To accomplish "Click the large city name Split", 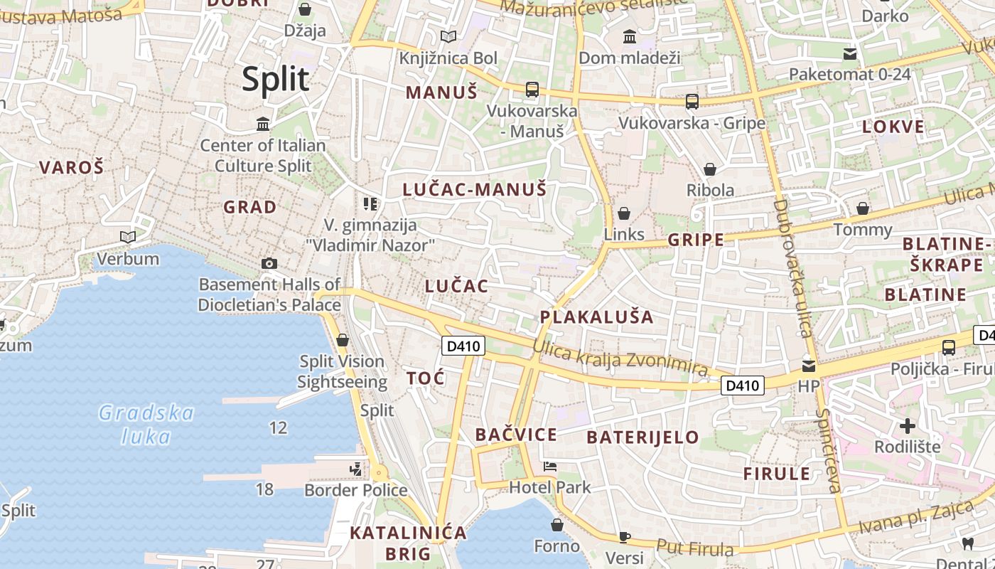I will click(276, 79).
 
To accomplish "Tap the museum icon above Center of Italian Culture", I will click(263, 124).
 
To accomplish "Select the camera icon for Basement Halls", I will click(269, 263).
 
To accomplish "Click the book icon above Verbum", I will click(128, 237).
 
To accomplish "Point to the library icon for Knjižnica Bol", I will click(448, 36).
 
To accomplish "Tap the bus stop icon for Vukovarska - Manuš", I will click(532, 90).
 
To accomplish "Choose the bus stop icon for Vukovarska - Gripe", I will click(692, 102).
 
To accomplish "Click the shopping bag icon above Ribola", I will click(709, 169).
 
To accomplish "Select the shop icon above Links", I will click(624, 213).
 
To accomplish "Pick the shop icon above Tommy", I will click(862, 208).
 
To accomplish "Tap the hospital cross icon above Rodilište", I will click(907, 426).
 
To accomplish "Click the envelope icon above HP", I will click(809, 366).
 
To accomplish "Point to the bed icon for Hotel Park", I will click(550, 467).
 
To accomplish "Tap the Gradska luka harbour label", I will click(146, 424).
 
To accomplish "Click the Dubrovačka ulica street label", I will click(792, 267).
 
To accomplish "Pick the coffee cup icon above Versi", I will click(625, 536).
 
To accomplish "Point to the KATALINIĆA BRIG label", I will click(408, 543).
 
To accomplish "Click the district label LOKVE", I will click(893, 127).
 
